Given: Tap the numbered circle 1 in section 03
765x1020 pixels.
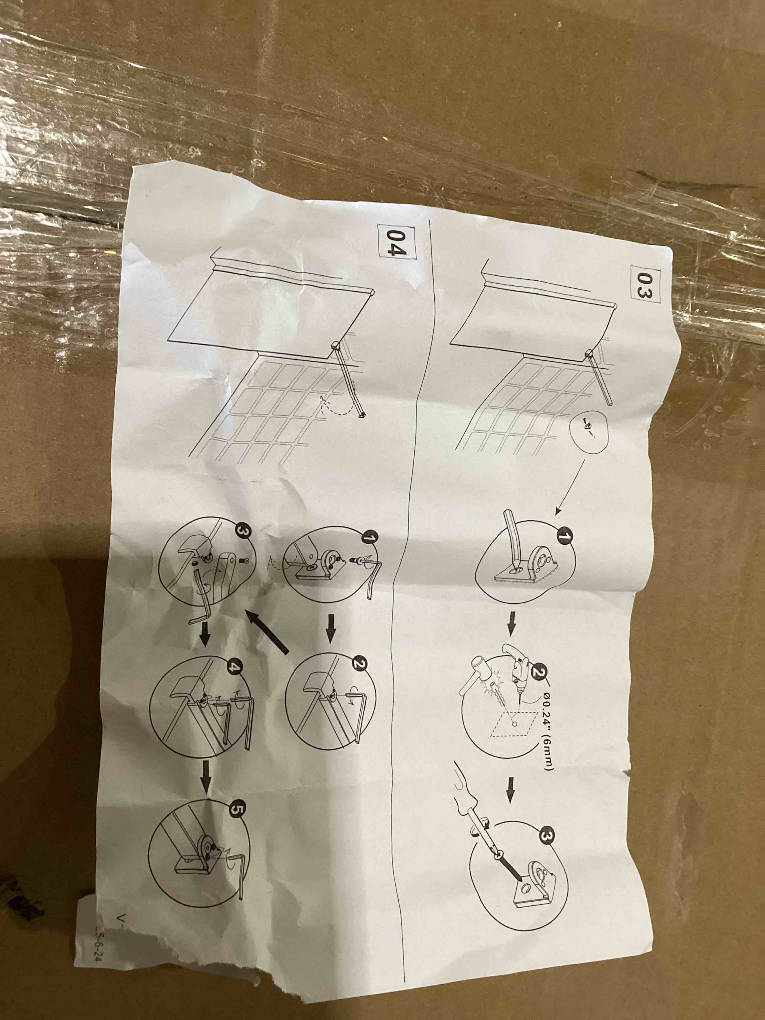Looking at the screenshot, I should [563, 536].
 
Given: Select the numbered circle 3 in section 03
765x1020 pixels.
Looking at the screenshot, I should [545, 837].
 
